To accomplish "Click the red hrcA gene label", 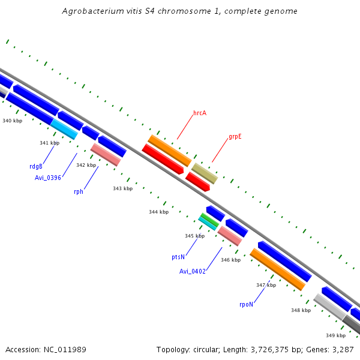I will click(x=200, y=113).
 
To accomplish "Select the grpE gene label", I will click(x=235, y=137).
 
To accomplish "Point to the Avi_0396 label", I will click(x=49, y=177).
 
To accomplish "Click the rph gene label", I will click(x=79, y=191).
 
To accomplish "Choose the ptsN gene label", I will click(x=178, y=257).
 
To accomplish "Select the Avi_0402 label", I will click(x=193, y=271).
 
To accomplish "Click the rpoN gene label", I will click(x=246, y=304).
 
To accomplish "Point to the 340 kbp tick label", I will click(x=12, y=121).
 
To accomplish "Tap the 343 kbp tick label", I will click(x=122, y=188).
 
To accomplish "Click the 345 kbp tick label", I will click(x=194, y=236).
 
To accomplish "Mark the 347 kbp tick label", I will click(x=266, y=285).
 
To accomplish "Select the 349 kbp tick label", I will click(x=335, y=335).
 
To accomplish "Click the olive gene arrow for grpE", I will click(x=205, y=173).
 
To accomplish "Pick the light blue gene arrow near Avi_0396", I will click(x=64, y=128).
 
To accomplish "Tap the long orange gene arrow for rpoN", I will click(x=277, y=269).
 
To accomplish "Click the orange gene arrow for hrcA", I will click(x=169, y=151).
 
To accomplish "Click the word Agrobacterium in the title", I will click(x=89, y=11).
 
